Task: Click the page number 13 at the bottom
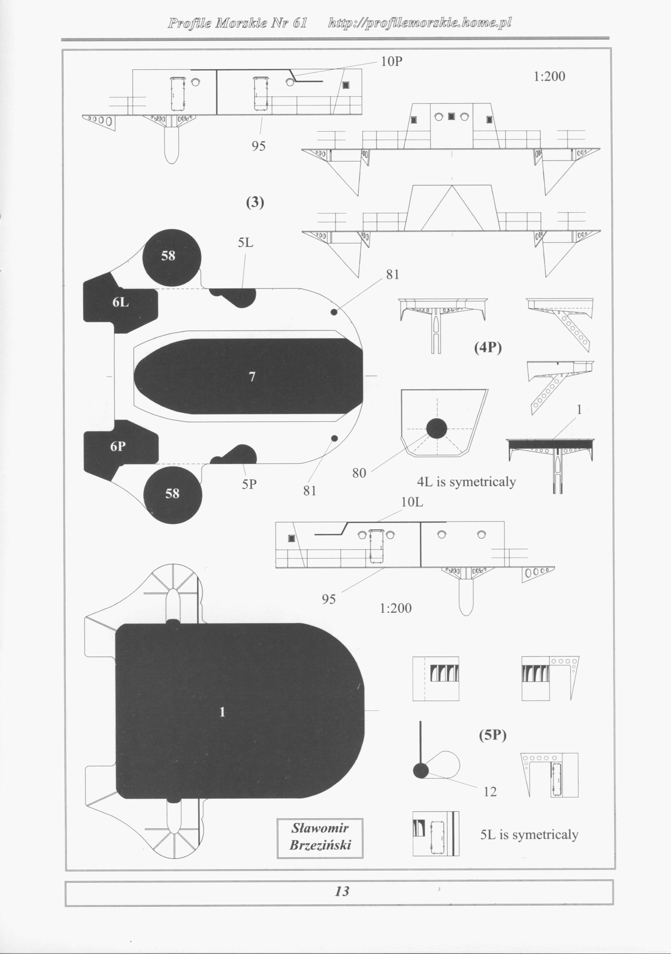coord(342,891)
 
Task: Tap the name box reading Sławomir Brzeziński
coord(320,838)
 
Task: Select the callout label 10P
coord(391,62)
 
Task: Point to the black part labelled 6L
coord(120,303)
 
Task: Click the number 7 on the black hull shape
coord(252,377)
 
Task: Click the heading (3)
coord(255,202)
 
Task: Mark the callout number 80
coord(359,473)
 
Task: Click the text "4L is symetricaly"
coord(466,482)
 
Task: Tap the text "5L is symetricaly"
coord(529,835)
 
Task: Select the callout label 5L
coord(245,243)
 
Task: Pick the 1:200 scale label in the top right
coord(549,76)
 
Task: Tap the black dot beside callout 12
coord(421,771)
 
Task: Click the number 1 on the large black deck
coord(223,712)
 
